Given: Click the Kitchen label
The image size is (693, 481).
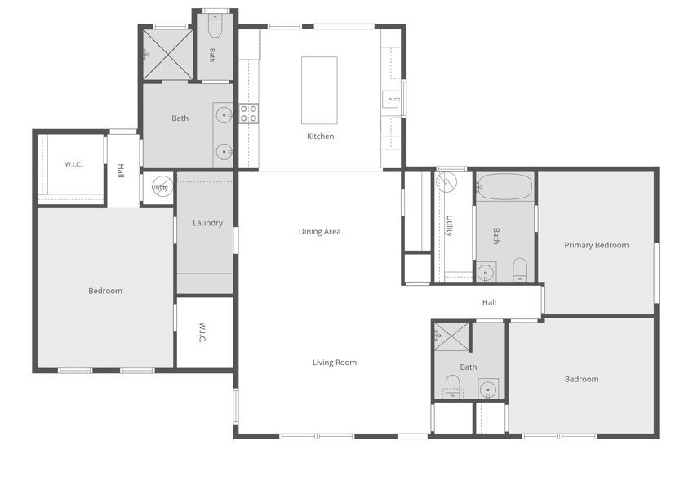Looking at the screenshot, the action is (x=321, y=136).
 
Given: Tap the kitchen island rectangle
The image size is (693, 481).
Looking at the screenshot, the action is (x=319, y=90).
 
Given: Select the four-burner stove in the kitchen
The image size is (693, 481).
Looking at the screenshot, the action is (x=249, y=114).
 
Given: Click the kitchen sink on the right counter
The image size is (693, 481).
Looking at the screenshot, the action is (x=391, y=99).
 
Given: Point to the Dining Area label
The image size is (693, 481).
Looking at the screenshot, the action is (x=319, y=232).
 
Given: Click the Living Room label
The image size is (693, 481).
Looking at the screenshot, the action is (x=335, y=363).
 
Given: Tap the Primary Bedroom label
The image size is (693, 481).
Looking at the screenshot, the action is (x=596, y=245).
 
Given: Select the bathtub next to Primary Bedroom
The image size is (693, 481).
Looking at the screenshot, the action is (x=504, y=186).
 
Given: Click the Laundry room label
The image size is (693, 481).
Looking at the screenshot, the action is (x=207, y=223).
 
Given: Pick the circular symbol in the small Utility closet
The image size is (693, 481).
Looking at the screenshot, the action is (x=162, y=186).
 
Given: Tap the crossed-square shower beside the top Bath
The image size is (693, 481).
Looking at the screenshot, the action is (x=167, y=55).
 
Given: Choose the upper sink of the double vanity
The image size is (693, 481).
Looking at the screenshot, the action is (x=224, y=115).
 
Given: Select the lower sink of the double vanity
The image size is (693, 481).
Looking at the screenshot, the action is (x=224, y=152).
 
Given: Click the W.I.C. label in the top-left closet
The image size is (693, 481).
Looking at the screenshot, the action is (x=73, y=164).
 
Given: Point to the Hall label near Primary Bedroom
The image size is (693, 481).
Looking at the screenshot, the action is (x=489, y=302).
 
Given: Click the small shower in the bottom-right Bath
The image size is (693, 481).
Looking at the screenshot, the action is (x=451, y=336).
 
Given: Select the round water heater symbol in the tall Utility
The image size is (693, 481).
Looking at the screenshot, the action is (x=446, y=181).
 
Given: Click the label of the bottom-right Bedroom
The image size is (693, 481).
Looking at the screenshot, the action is (x=582, y=379).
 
